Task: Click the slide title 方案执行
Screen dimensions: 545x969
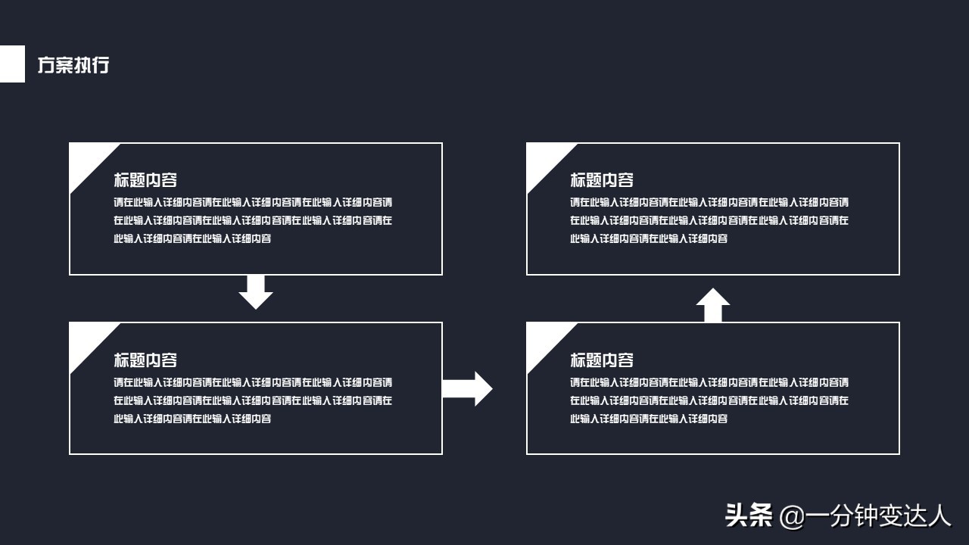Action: click(x=73, y=65)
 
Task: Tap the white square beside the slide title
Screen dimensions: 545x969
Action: click(x=11, y=64)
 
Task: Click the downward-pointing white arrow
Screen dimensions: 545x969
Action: click(x=256, y=293)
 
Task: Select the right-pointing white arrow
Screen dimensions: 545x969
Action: click(x=468, y=388)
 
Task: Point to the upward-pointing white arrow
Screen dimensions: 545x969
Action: click(x=712, y=305)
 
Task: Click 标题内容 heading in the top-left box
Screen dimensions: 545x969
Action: click(x=145, y=180)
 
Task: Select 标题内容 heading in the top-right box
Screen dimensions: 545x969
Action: click(x=602, y=180)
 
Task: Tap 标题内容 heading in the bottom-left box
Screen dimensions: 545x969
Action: click(x=145, y=360)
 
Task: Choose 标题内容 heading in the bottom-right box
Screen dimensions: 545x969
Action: click(x=602, y=360)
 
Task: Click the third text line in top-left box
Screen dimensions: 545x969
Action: click(x=192, y=238)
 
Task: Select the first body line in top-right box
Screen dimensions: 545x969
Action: click(x=709, y=202)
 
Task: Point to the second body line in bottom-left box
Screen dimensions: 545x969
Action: click(x=253, y=400)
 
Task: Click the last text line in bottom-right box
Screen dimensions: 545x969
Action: click(x=649, y=419)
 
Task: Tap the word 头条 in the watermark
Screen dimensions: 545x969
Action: click(x=749, y=515)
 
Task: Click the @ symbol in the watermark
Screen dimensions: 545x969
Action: click(x=790, y=517)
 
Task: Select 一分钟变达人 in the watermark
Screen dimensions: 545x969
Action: click(x=877, y=515)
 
